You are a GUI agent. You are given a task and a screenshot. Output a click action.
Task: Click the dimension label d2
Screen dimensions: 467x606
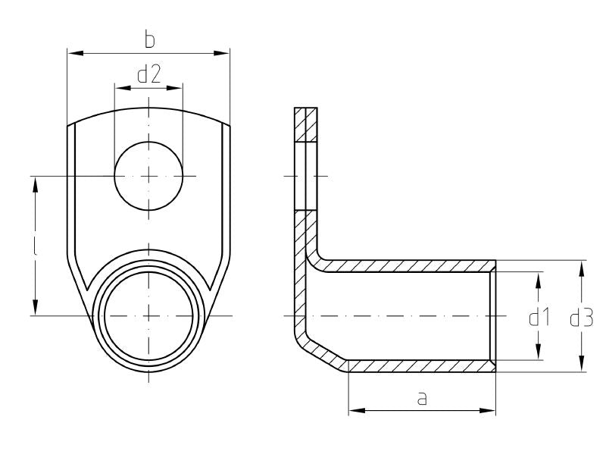point(148,74)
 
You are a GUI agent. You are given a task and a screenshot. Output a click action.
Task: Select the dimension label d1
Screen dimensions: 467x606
point(539,318)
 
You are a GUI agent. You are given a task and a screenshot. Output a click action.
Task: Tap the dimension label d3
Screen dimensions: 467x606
point(582,318)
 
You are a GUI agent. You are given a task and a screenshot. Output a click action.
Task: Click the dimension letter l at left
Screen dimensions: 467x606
point(36,247)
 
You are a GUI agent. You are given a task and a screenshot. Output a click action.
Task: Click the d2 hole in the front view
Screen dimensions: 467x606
point(148,176)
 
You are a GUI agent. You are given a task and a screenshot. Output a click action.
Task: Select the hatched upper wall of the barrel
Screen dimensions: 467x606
point(409,266)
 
